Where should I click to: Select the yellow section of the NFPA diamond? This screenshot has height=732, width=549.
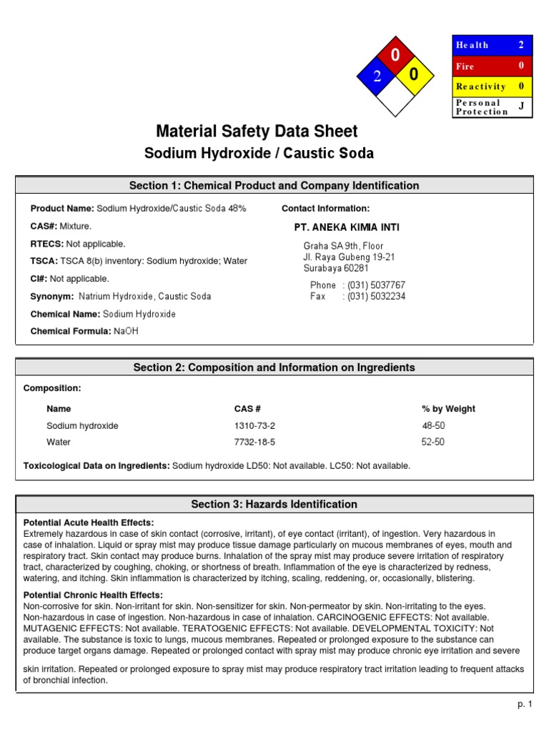(414, 75)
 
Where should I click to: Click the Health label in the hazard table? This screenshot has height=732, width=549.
(472, 45)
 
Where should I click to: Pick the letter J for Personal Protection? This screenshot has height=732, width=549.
(521, 107)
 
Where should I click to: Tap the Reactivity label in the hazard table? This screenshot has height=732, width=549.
(480, 86)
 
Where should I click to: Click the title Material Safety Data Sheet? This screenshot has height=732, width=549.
(257, 132)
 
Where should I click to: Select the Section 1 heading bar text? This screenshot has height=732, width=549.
(274, 186)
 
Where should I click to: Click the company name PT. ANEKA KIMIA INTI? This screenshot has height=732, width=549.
(347, 227)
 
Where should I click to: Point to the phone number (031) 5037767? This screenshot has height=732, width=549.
(376, 285)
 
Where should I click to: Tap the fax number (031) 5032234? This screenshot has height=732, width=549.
(376, 296)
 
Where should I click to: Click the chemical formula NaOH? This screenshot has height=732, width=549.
(127, 331)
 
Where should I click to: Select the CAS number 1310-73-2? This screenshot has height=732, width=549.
(254, 425)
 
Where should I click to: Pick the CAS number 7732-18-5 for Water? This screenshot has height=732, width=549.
(254, 442)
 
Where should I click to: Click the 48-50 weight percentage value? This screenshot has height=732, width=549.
(433, 425)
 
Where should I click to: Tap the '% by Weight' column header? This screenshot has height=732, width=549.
(448, 409)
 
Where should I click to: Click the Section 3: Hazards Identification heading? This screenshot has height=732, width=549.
(274, 504)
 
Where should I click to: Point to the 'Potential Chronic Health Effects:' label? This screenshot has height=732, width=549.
(93, 595)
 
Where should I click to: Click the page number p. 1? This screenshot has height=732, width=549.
(525, 704)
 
